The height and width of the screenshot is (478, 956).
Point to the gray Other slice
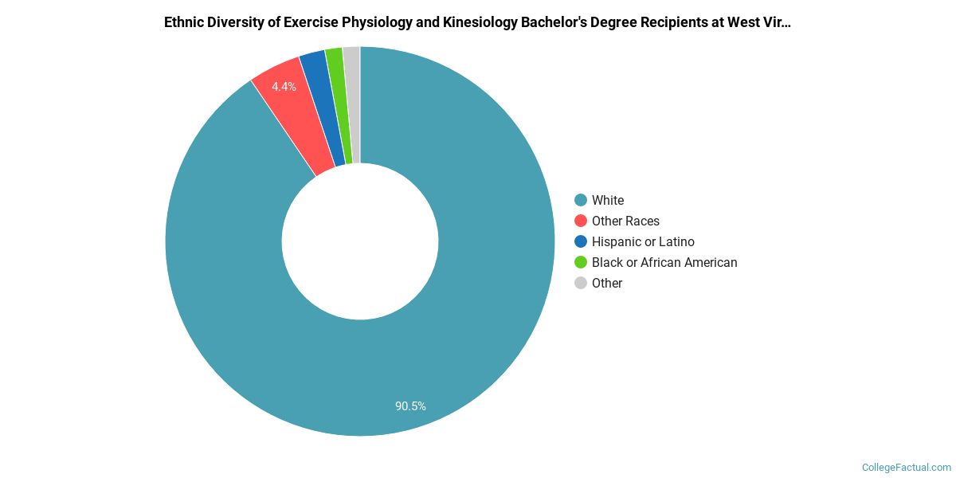click(352, 104)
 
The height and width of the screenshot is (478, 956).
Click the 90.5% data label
click(410, 406)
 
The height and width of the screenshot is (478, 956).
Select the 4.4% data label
click(284, 87)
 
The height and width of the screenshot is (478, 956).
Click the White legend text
click(608, 201)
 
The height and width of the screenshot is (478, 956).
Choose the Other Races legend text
click(625, 221)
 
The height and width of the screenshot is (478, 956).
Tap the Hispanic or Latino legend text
click(643, 242)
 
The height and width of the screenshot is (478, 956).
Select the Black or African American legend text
click(664, 263)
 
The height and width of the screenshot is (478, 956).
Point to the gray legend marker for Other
click(581, 283)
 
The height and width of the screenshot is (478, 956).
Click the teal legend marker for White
click(581, 200)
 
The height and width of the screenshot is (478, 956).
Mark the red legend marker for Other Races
click(581, 221)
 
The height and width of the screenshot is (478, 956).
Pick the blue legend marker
click(581, 241)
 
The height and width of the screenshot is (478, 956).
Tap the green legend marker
click(581, 262)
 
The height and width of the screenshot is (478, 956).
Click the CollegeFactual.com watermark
click(907, 468)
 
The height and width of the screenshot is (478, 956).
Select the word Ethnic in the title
click(184, 22)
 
